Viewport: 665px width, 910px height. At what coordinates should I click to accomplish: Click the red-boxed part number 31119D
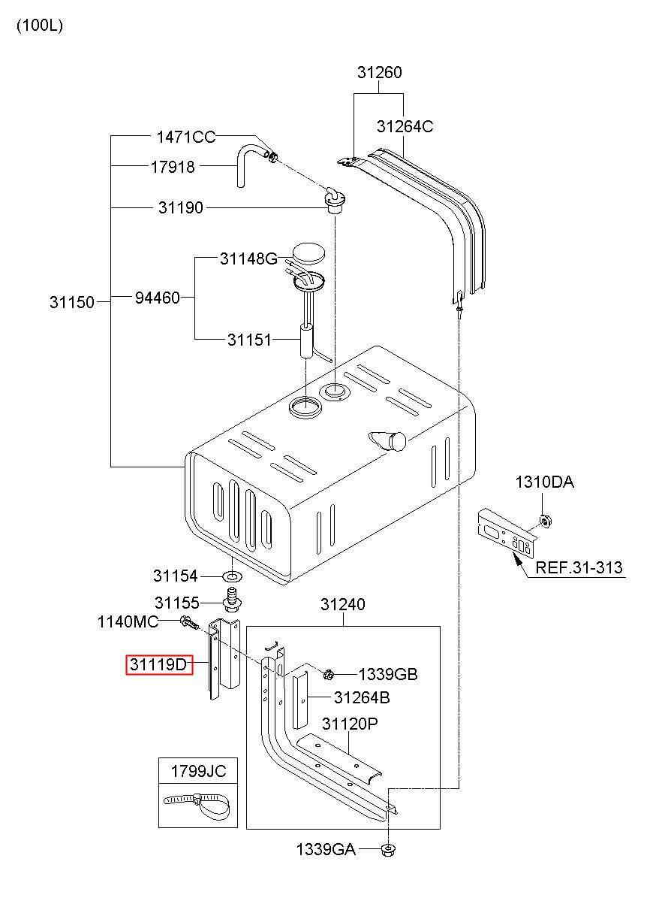(158, 665)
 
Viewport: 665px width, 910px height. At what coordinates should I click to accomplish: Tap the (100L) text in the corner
(40, 26)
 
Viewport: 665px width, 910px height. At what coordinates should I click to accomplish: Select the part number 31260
(379, 72)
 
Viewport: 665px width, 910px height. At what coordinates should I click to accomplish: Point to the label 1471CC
(186, 137)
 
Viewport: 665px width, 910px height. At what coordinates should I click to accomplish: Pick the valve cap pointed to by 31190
(336, 201)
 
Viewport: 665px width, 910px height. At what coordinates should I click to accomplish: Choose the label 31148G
(248, 258)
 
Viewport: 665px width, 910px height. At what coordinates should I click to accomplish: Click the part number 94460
(158, 298)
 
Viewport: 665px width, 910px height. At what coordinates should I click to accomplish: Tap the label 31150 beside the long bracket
(72, 302)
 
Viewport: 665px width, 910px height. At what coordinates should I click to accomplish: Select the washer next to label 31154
(233, 576)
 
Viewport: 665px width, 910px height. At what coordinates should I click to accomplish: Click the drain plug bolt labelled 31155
(233, 600)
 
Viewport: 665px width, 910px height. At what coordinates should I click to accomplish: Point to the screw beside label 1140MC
(189, 622)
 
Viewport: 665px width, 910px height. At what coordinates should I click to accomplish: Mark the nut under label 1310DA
(546, 521)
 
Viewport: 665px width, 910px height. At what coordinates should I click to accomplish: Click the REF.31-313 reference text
(579, 567)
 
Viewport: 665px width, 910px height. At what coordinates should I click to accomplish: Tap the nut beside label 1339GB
(328, 675)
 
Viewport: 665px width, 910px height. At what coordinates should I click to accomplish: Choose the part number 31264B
(362, 697)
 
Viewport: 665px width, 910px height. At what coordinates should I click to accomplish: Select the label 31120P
(350, 724)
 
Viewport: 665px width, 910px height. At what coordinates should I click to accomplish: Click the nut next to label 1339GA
(388, 849)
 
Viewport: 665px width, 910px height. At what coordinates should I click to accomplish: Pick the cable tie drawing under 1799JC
(197, 805)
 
